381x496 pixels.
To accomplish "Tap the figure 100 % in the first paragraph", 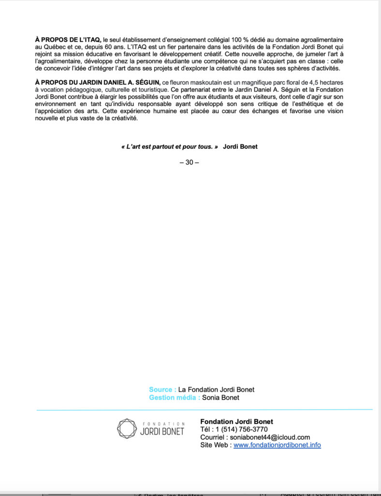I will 244,38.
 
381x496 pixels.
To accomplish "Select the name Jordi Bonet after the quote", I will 240,146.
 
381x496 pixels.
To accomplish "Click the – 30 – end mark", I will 189,162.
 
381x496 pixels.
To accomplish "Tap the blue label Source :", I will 162,389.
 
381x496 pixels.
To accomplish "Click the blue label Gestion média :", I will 175,398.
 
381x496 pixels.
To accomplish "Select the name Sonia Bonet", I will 220,398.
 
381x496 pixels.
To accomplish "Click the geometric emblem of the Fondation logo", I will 127,429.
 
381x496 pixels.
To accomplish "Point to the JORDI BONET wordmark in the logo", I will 162,431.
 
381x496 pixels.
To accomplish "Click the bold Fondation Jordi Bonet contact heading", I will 236,421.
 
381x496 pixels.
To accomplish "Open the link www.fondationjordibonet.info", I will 277,445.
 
